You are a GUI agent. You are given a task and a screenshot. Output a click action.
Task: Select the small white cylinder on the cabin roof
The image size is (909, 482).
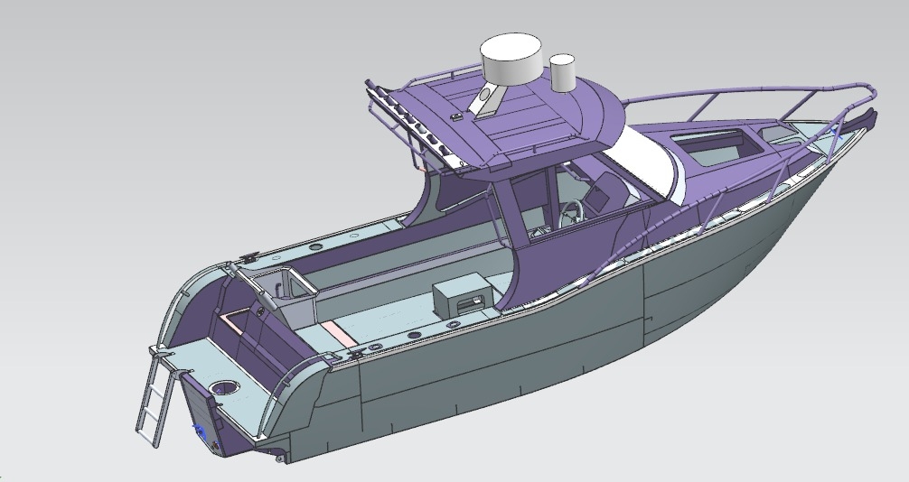point(563,73)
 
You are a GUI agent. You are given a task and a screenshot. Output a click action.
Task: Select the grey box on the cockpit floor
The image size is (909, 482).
point(460,296)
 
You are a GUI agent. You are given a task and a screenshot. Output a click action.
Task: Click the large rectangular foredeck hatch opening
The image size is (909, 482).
point(714,144)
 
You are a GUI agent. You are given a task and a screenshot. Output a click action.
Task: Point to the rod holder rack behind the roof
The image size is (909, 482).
point(411,126)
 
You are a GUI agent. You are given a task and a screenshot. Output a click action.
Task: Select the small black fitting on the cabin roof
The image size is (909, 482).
point(458,116)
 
